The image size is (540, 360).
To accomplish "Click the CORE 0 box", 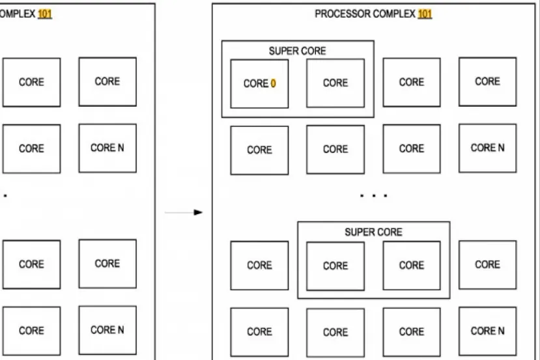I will click(x=259, y=83).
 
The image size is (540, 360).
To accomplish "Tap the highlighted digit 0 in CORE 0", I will click(x=274, y=83).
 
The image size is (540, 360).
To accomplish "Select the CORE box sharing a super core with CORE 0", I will click(x=335, y=83).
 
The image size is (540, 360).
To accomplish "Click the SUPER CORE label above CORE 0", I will click(x=297, y=51).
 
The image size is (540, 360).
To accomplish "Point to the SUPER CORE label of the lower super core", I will click(x=373, y=232).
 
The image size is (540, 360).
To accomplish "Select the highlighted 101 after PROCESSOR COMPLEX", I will click(x=425, y=14).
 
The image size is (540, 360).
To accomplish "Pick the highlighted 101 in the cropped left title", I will click(x=44, y=14).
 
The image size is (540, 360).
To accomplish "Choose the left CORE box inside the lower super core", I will click(x=335, y=266).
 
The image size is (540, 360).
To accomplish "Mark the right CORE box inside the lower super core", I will click(x=412, y=266).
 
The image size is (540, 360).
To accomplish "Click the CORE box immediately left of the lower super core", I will click(x=259, y=266).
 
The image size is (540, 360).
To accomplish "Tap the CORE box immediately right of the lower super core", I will click(x=487, y=265).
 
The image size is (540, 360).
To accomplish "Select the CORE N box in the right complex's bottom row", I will click(x=487, y=331).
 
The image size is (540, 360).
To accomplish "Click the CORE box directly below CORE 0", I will click(x=259, y=150).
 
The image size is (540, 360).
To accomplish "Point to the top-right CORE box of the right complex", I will click(x=487, y=81).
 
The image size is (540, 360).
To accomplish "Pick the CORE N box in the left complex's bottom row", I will click(x=107, y=330).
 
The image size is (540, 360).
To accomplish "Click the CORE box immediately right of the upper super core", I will click(x=412, y=82).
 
